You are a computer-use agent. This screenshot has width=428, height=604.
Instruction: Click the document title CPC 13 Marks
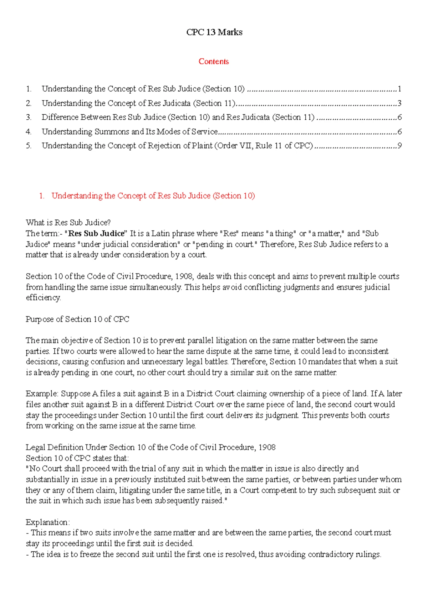click(x=214, y=32)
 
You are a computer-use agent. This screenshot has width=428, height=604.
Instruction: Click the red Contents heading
click(x=213, y=61)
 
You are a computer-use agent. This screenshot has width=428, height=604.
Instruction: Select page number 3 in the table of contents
click(x=399, y=103)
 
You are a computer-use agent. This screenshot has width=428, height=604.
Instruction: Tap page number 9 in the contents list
click(x=399, y=146)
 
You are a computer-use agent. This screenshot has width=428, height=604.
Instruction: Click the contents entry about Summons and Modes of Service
click(x=129, y=131)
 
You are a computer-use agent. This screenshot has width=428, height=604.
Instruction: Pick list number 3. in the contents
click(x=29, y=117)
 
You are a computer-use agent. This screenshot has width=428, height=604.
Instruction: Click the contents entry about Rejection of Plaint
click(x=177, y=146)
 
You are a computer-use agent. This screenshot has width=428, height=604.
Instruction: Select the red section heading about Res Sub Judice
click(x=153, y=196)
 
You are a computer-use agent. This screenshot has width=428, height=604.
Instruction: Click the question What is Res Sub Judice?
click(x=68, y=223)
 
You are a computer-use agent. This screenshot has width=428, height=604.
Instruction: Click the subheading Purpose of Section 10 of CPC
click(x=77, y=319)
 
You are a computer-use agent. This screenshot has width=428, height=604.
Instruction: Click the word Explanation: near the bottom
click(x=47, y=522)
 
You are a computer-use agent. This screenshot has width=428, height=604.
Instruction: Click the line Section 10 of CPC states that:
click(x=77, y=458)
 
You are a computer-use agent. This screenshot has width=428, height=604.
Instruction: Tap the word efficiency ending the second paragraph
click(x=43, y=298)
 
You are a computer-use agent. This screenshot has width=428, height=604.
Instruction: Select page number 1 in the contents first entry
click(x=399, y=89)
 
